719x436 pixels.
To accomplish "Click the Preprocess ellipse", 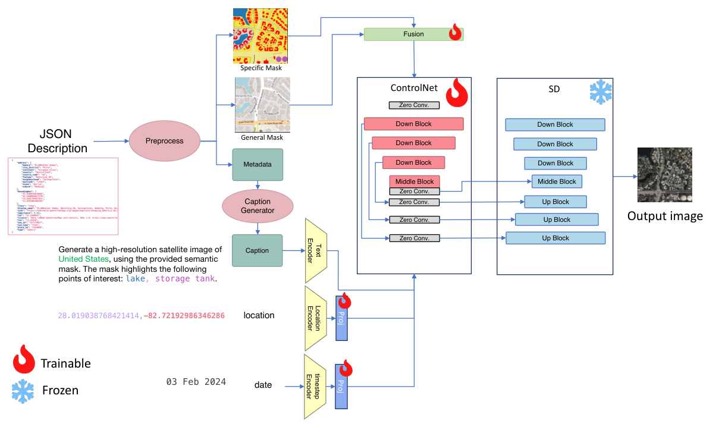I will [x=164, y=141].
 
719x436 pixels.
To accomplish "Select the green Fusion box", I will [x=413, y=34].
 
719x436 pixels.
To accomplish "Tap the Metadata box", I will [x=257, y=164].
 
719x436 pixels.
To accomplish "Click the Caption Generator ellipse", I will [x=258, y=206].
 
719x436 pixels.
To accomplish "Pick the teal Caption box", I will [x=257, y=250].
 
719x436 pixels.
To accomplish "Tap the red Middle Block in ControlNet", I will [x=415, y=181].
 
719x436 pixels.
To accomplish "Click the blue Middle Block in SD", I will [x=557, y=181].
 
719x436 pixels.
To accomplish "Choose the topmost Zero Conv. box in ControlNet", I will [x=414, y=105].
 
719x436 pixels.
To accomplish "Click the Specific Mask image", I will [x=261, y=36].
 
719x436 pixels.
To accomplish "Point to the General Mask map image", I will [x=262, y=105].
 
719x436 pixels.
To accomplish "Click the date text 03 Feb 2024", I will [x=196, y=382].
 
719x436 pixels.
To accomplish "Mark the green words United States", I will [x=84, y=259].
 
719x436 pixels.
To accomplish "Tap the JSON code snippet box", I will [x=63, y=196].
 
